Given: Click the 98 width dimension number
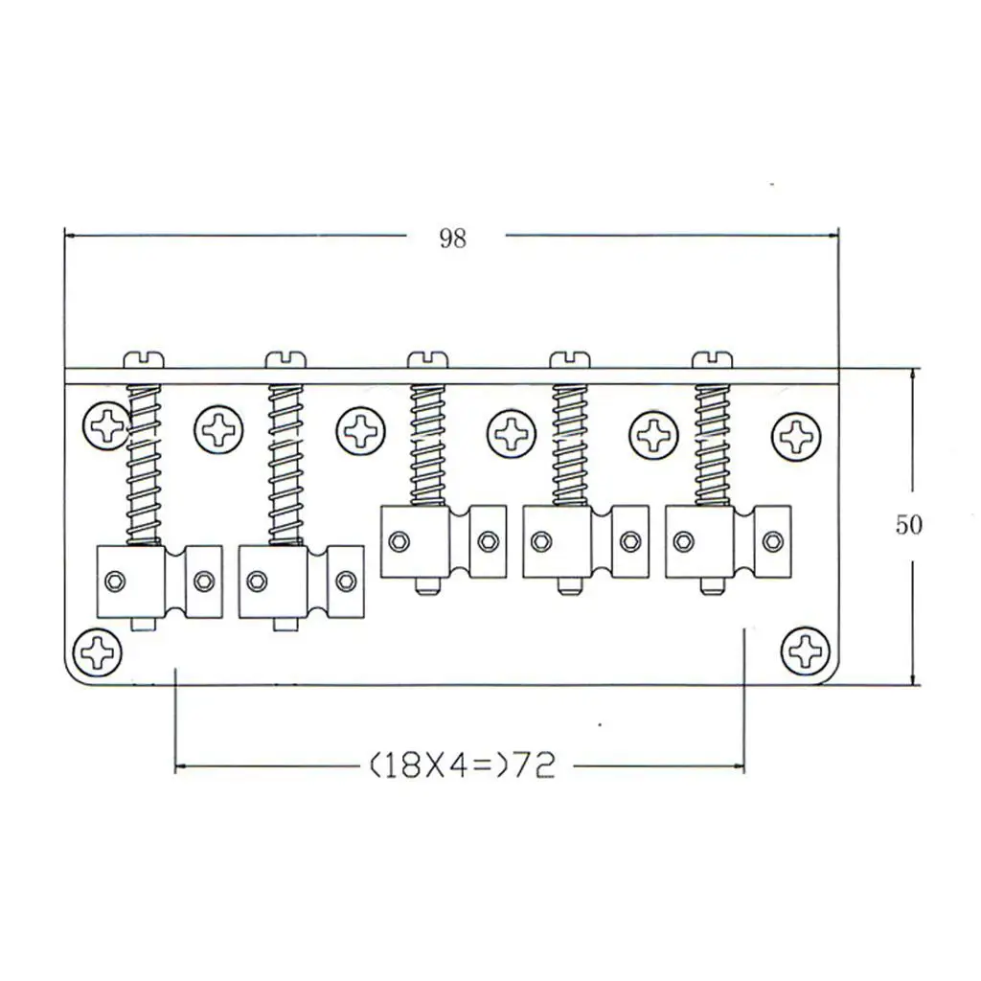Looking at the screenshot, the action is (x=452, y=239).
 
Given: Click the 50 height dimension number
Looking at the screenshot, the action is (x=908, y=524).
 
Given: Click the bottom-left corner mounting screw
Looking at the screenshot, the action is (x=98, y=651).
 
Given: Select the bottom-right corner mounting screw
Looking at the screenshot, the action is (x=807, y=650).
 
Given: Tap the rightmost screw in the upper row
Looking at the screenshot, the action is (x=796, y=436).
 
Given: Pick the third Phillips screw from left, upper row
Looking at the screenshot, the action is (x=361, y=431).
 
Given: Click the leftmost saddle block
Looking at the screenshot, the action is (x=160, y=582).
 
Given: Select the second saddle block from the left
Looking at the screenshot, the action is (x=302, y=582).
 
